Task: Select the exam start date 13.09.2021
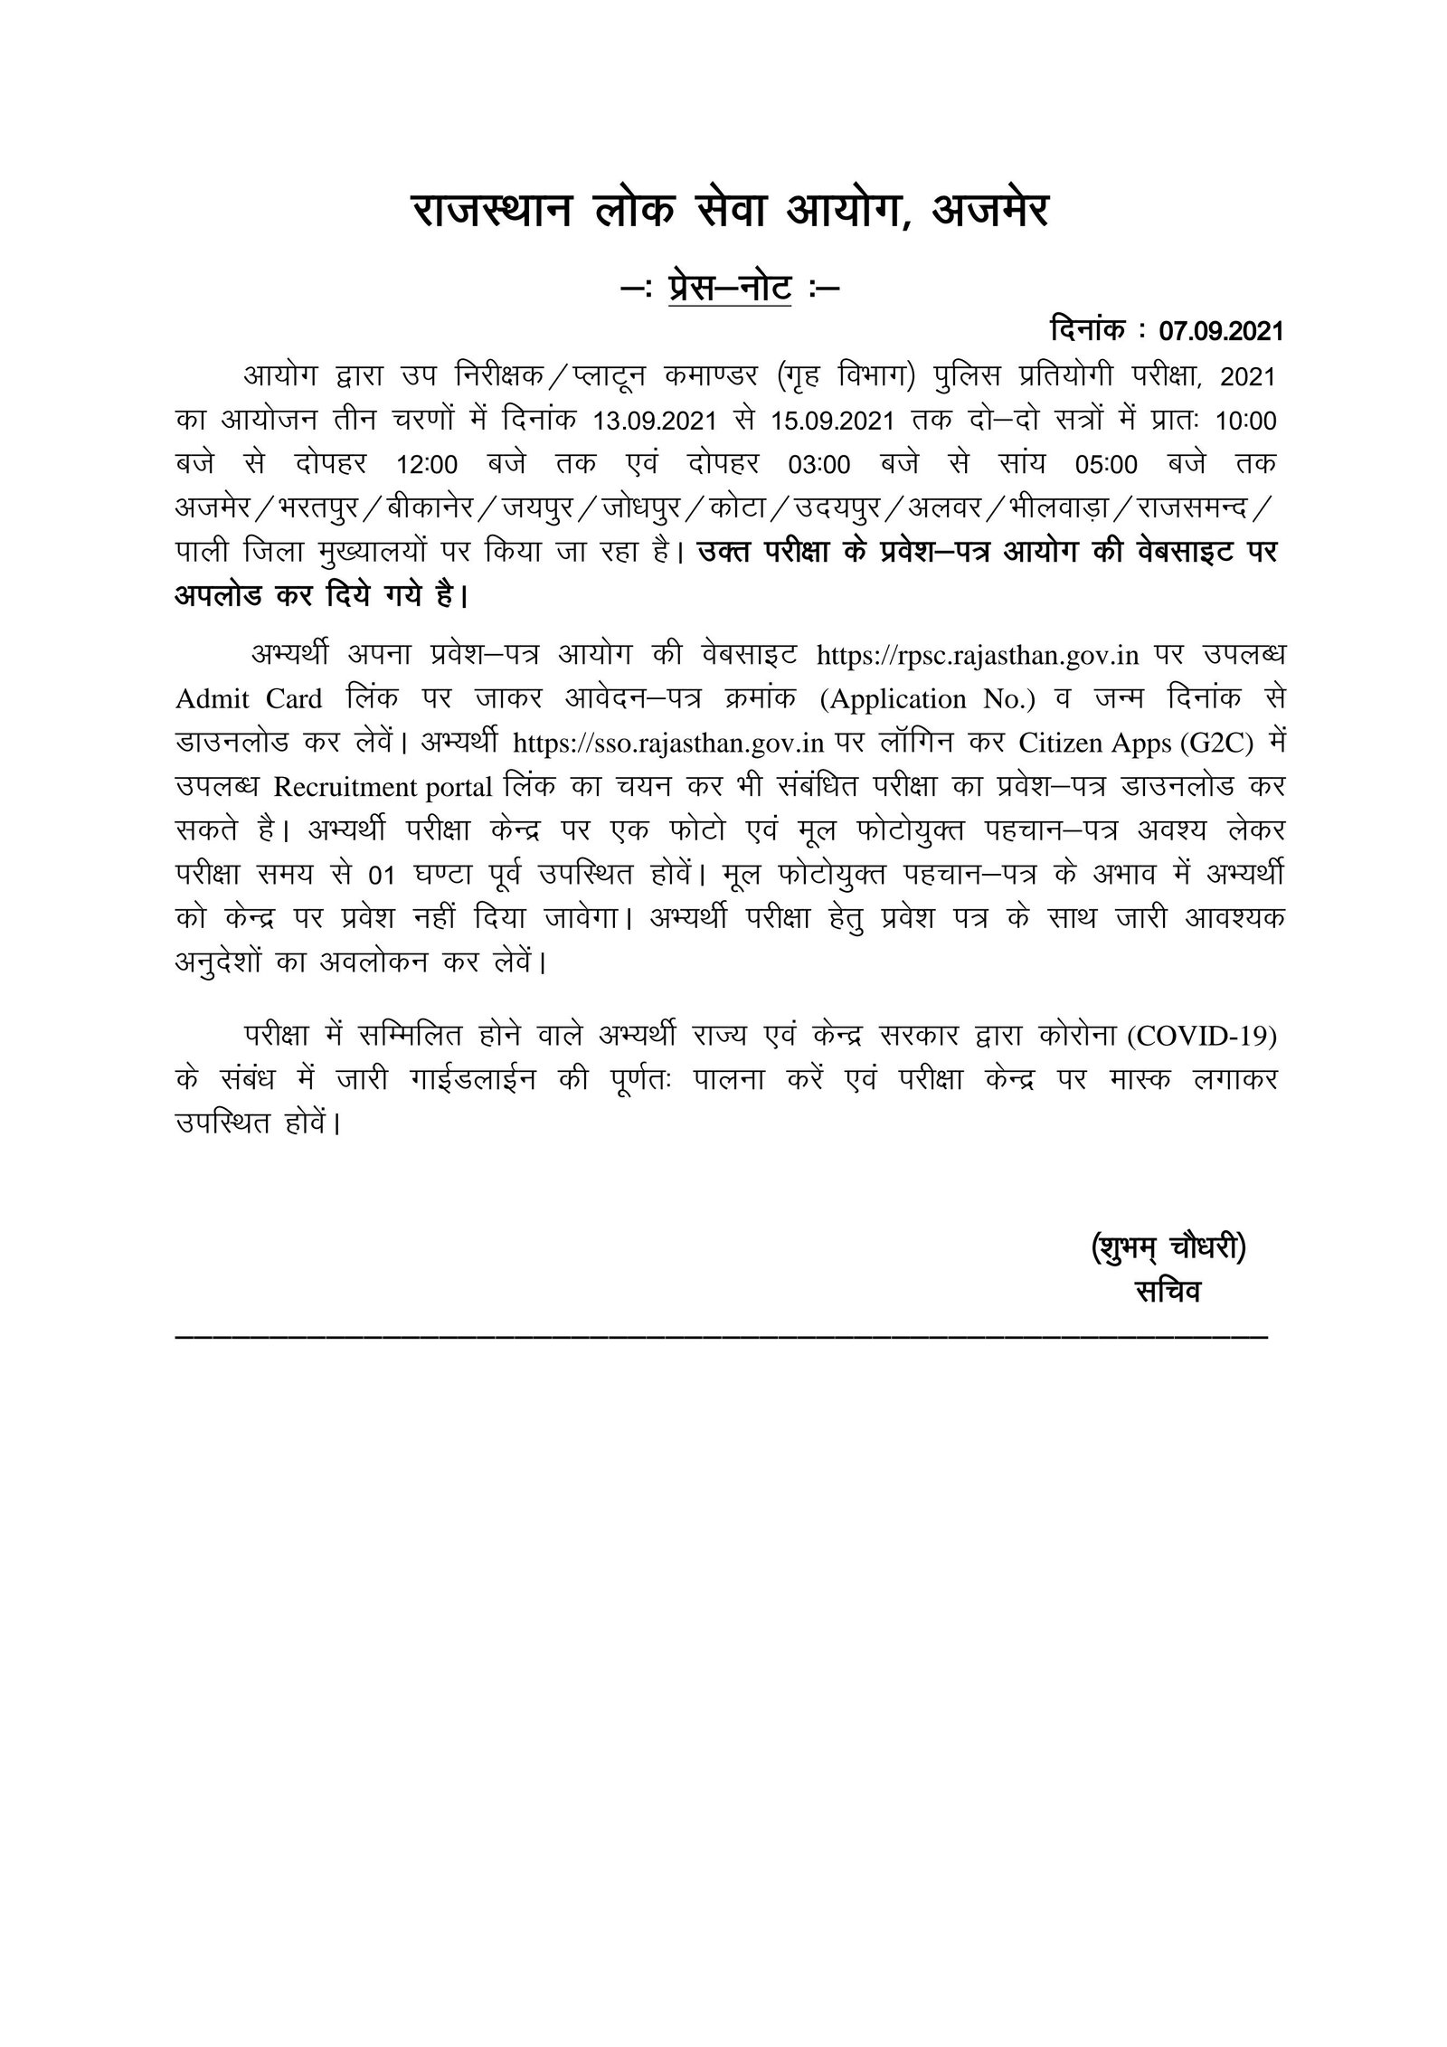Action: pyautogui.click(x=656, y=422)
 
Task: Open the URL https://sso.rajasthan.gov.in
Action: pyautogui.click(x=668, y=744)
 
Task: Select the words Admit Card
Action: pyautogui.click(x=249, y=699)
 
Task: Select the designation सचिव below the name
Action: pyautogui.click(x=1168, y=1292)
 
